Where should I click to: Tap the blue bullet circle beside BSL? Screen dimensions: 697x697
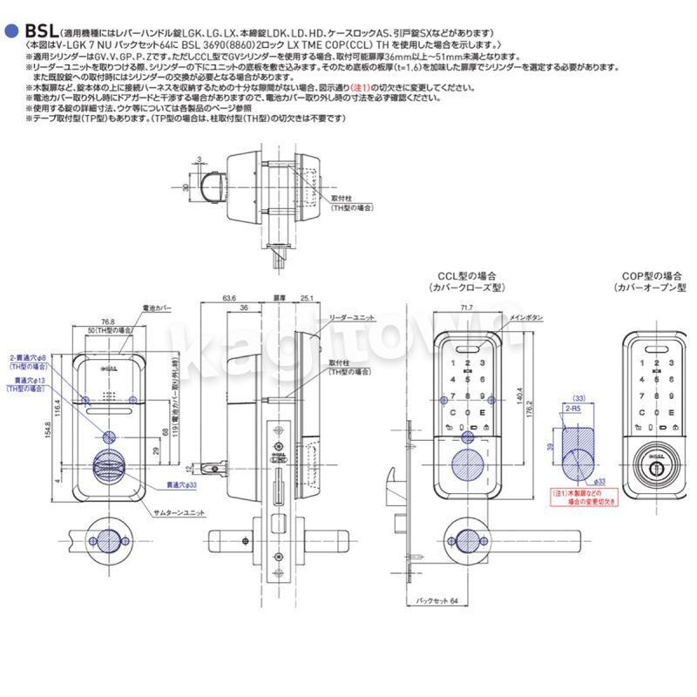[x=11, y=30]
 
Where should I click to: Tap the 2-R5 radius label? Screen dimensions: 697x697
[x=572, y=407]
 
